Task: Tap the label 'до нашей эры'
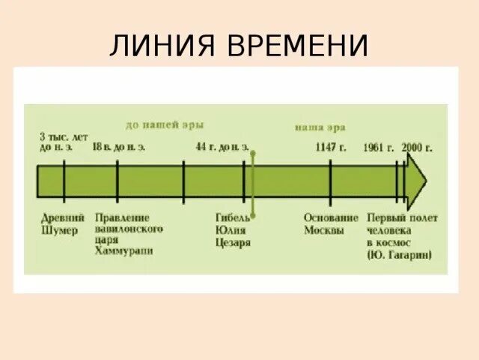pyautogui.click(x=165, y=124)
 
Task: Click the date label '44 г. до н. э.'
pyautogui.click(x=222, y=147)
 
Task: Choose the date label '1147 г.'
pyautogui.click(x=331, y=147)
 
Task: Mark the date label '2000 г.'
pyautogui.click(x=417, y=147)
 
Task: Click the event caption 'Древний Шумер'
pyautogui.click(x=60, y=224)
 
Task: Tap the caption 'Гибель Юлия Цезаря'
pyautogui.click(x=233, y=229)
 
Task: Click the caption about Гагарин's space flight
pyautogui.click(x=402, y=235)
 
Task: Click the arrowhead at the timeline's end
pyautogui.click(x=417, y=181)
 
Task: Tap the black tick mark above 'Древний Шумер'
pyautogui.click(x=64, y=181)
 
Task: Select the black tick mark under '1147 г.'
pyautogui.click(x=330, y=181)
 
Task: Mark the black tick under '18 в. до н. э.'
pyautogui.click(x=118, y=181)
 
